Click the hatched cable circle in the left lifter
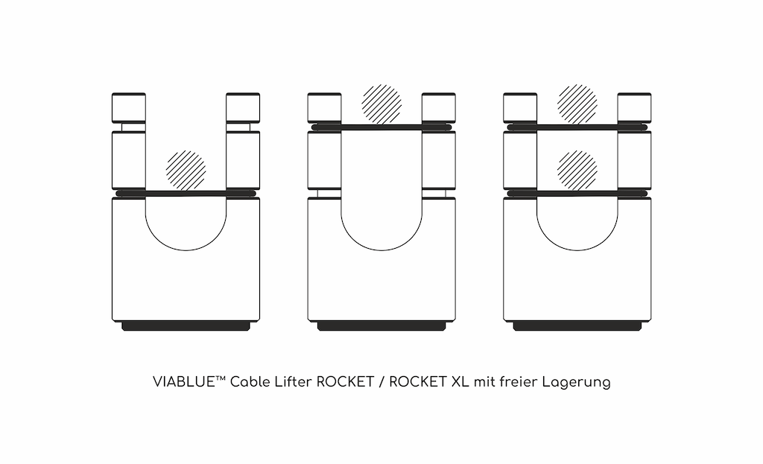[x=186, y=171]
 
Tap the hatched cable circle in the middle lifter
[x=381, y=104]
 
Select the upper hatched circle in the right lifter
[x=577, y=104]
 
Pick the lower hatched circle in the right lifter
[x=577, y=171]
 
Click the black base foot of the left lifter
[x=186, y=326]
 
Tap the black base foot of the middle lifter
[x=381, y=326]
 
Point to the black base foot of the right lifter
[x=577, y=326]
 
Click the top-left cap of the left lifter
[x=129, y=107]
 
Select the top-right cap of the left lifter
[x=243, y=107]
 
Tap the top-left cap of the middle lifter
[x=325, y=107]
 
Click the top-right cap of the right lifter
[x=635, y=107]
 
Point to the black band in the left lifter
[x=186, y=194]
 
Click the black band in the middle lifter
[x=381, y=127]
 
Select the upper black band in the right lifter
[x=577, y=127]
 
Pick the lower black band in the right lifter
[x=577, y=194]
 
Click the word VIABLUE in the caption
[x=184, y=382]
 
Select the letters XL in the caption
[x=460, y=382]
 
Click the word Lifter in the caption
[x=293, y=382]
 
